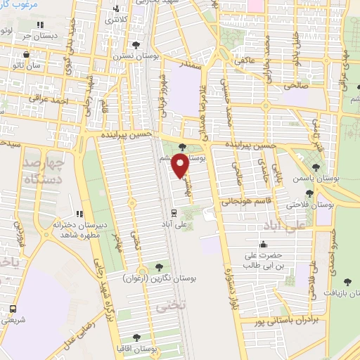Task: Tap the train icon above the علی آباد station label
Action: (174, 212)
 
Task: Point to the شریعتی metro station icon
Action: (13, 309)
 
